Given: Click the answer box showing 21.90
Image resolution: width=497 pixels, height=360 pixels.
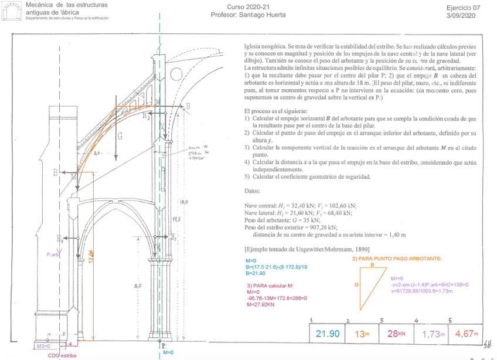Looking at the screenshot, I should pyautogui.click(x=328, y=334).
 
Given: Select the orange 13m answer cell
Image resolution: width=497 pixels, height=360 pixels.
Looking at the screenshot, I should pyautogui.click(x=362, y=334).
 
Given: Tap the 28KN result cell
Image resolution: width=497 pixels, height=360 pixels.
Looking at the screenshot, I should pyautogui.click(x=394, y=334).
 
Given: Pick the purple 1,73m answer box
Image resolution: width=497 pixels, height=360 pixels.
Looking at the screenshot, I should pyautogui.click(x=431, y=334).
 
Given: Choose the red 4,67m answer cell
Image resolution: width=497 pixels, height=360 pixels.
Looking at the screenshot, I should pyautogui.click(x=467, y=334).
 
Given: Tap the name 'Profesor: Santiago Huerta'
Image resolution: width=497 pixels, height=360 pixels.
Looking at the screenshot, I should pyautogui.click(x=244, y=15).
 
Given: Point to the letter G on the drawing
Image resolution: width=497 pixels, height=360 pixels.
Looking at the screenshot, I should pyautogui.click(x=120, y=137).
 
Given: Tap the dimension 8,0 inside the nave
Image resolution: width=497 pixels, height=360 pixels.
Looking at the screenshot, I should pyautogui.click(x=137, y=286).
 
